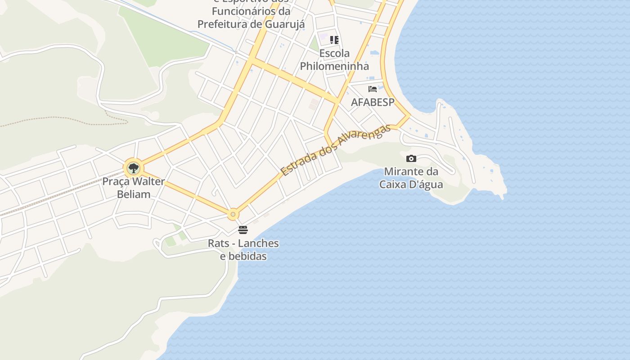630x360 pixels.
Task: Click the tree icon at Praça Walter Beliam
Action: (133, 169)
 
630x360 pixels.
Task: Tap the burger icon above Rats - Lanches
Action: (243, 230)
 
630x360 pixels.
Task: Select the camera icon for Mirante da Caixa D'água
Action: (411, 158)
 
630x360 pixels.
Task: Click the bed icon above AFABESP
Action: (373, 89)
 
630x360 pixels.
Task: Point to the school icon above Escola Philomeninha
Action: (334, 40)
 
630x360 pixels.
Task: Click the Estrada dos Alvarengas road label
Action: (335, 150)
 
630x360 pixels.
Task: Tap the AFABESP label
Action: (373, 102)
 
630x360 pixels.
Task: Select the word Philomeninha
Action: (334, 66)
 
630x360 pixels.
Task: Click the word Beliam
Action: (134, 194)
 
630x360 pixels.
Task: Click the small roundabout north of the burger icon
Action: (233, 215)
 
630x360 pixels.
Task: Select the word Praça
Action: (116, 182)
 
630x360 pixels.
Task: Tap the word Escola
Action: (334, 54)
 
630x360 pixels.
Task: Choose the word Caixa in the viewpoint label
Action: (395, 184)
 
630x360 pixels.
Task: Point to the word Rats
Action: (218, 243)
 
